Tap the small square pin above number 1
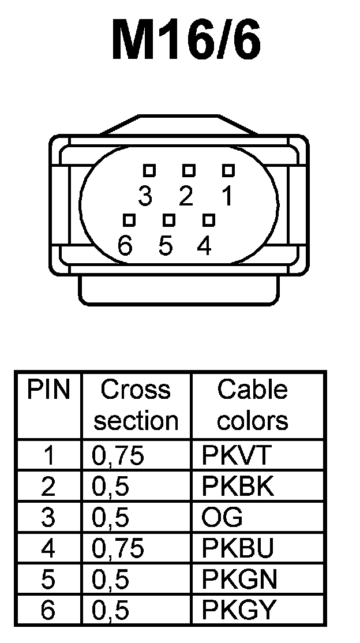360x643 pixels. pos(228,170)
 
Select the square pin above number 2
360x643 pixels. pos(189,170)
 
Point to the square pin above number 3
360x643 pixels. pos(149,170)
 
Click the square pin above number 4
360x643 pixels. pos(209,220)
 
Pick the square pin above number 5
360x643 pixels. pos(169,220)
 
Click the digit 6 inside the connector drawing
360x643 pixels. pos(125,246)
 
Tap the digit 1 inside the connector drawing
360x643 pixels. pos(227,197)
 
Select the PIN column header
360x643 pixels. pos(48,391)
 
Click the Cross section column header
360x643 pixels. pos(136,405)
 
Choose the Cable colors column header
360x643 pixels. pos(253,405)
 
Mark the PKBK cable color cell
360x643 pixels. pos(237,487)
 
